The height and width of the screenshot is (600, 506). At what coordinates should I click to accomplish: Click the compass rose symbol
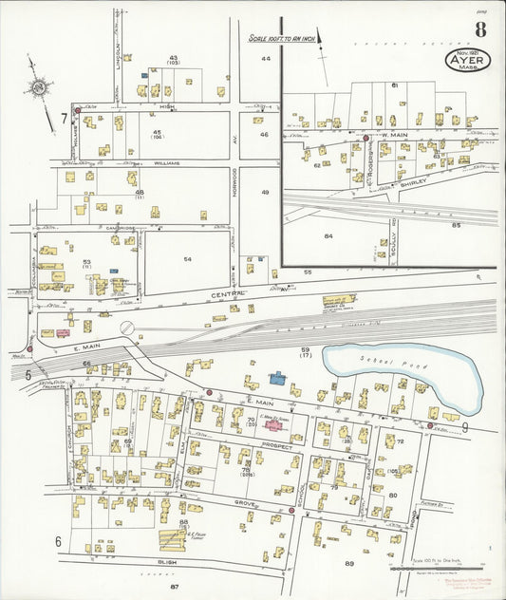click(39, 88)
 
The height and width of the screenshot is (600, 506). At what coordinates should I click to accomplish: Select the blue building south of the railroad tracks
click(278, 378)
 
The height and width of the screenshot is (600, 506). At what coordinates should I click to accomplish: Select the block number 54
click(187, 259)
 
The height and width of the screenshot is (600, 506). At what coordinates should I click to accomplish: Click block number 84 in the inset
click(328, 234)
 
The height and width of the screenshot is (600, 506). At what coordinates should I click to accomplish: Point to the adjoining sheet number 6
click(58, 542)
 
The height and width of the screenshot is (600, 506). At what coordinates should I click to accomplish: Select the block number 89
click(349, 564)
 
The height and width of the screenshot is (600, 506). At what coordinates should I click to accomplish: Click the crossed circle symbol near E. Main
click(126, 328)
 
